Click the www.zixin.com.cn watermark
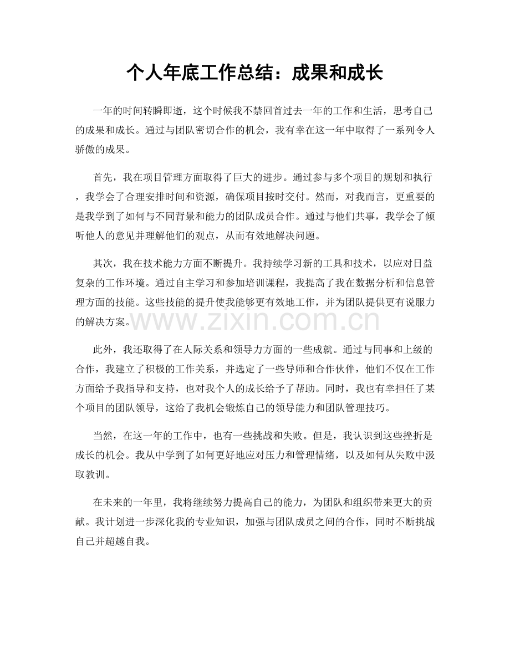(254, 320)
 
